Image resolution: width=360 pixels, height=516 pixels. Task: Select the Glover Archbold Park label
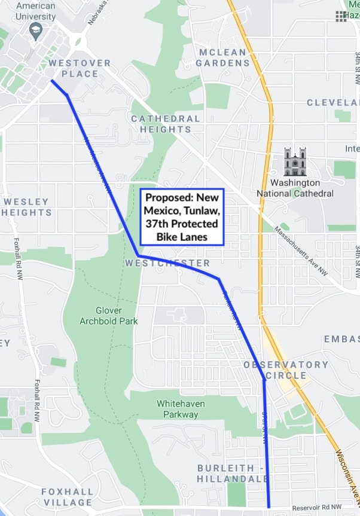[x=109, y=316]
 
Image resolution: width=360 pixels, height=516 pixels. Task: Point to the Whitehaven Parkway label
[x=181, y=409]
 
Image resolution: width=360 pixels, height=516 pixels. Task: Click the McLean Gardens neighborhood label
[x=222, y=57]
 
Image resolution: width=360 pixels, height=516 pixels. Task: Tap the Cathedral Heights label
[x=166, y=124]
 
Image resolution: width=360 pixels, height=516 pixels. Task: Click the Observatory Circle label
[x=286, y=370]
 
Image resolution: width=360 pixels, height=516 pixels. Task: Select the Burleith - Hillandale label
[x=233, y=473]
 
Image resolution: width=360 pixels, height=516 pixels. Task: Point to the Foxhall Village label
[x=67, y=497]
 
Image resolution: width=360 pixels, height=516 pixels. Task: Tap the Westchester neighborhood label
[x=168, y=263]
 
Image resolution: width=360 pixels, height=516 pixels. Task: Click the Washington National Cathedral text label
[x=295, y=188]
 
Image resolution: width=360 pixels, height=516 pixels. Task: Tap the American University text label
[x=36, y=11]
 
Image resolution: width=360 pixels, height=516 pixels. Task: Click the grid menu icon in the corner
[x=341, y=16]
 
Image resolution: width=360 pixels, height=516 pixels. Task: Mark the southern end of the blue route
[x=269, y=506]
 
